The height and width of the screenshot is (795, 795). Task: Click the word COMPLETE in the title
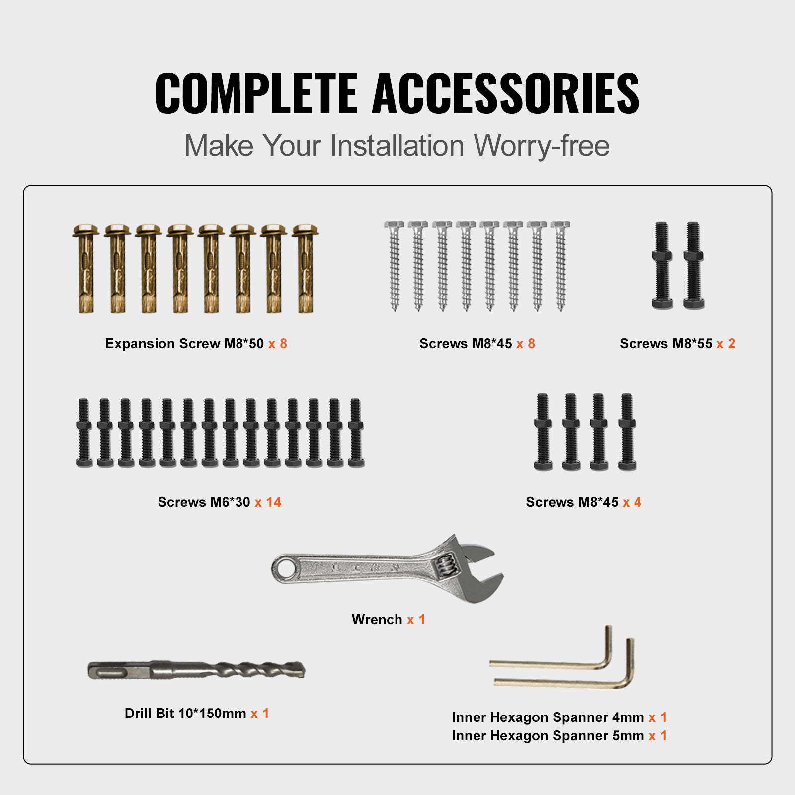click(256, 93)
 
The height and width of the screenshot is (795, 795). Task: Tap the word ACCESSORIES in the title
click(505, 93)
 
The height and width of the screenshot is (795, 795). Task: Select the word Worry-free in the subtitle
click(541, 146)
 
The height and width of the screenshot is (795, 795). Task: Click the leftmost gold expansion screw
click(85, 268)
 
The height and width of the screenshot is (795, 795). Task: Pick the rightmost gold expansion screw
click(305, 268)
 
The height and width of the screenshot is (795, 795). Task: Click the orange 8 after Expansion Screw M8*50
click(283, 344)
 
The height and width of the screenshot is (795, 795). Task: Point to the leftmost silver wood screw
click(395, 266)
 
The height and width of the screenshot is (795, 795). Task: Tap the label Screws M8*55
click(665, 344)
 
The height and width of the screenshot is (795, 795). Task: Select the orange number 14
click(273, 502)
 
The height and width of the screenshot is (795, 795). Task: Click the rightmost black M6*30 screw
click(356, 432)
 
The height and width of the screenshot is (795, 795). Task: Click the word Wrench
click(377, 620)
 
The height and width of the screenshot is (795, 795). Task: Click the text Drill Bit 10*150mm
click(185, 714)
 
